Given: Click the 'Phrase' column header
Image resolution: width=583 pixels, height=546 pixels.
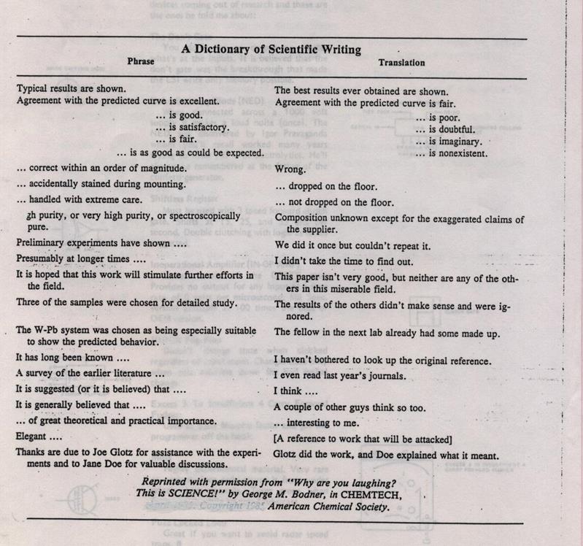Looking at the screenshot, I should click(141, 63).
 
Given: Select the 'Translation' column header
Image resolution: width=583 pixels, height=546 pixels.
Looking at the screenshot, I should click(401, 64).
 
